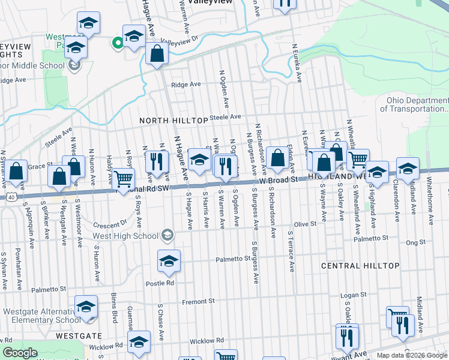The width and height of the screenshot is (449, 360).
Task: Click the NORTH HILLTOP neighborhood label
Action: click(x=173, y=121)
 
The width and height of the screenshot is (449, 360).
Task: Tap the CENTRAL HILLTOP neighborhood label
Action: click(x=360, y=265)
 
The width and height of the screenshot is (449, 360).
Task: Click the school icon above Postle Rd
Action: click(x=169, y=260)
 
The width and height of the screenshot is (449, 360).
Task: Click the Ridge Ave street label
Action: click(x=185, y=85)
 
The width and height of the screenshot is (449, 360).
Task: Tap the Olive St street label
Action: click(x=304, y=224)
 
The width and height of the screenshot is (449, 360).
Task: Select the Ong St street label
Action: click(x=415, y=242)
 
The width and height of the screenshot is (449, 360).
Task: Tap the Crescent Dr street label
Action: click(x=115, y=221)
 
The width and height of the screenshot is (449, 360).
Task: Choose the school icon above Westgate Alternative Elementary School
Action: click(x=86, y=307)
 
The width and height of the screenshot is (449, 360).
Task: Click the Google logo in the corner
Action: click(x=20, y=353)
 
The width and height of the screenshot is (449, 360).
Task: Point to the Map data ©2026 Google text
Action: click(x=412, y=355)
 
